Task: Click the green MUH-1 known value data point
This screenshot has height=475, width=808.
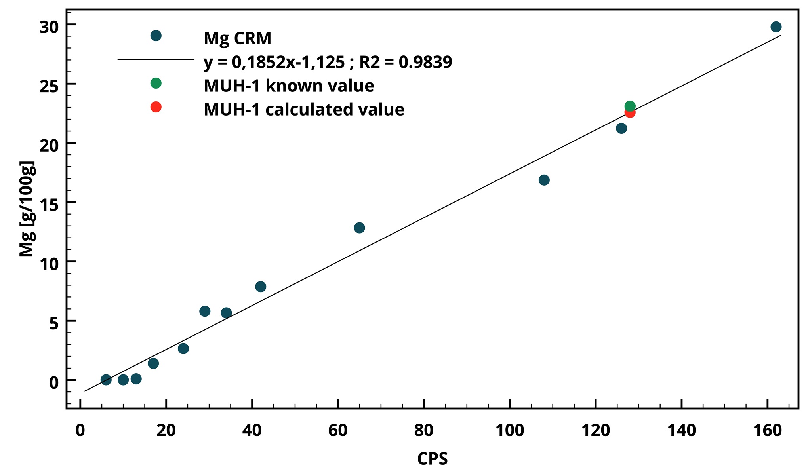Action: click(630, 106)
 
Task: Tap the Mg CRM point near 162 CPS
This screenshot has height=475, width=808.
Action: click(776, 27)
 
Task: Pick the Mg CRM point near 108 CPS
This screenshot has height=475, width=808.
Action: click(544, 180)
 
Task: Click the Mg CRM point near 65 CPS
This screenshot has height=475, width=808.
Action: click(359, 228)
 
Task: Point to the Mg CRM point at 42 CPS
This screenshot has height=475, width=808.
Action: click(261, 287)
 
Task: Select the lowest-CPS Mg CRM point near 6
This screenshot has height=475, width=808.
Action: click(106, 380)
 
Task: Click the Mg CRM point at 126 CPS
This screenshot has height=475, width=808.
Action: click(621, 128)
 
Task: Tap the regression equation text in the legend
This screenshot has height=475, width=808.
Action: click(328, 62)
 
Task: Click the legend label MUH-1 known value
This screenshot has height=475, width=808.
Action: click(289, 86)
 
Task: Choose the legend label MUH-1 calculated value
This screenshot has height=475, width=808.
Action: click(304, 110)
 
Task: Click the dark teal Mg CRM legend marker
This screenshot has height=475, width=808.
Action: click(156, 36)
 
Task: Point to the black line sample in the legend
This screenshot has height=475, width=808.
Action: click(156, 59)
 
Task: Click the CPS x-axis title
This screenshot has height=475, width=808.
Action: click(432, 459)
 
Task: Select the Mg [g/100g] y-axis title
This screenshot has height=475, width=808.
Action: click(27, 209)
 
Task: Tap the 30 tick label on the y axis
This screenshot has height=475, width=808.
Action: click(49, 27)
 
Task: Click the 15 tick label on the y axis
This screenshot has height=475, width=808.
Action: click(49, 204)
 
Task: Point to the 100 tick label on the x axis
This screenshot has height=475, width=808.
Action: click(510, 430)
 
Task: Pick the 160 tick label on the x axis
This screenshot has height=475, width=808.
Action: click(768, 430)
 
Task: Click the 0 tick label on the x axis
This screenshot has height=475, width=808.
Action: click(80, 430)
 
